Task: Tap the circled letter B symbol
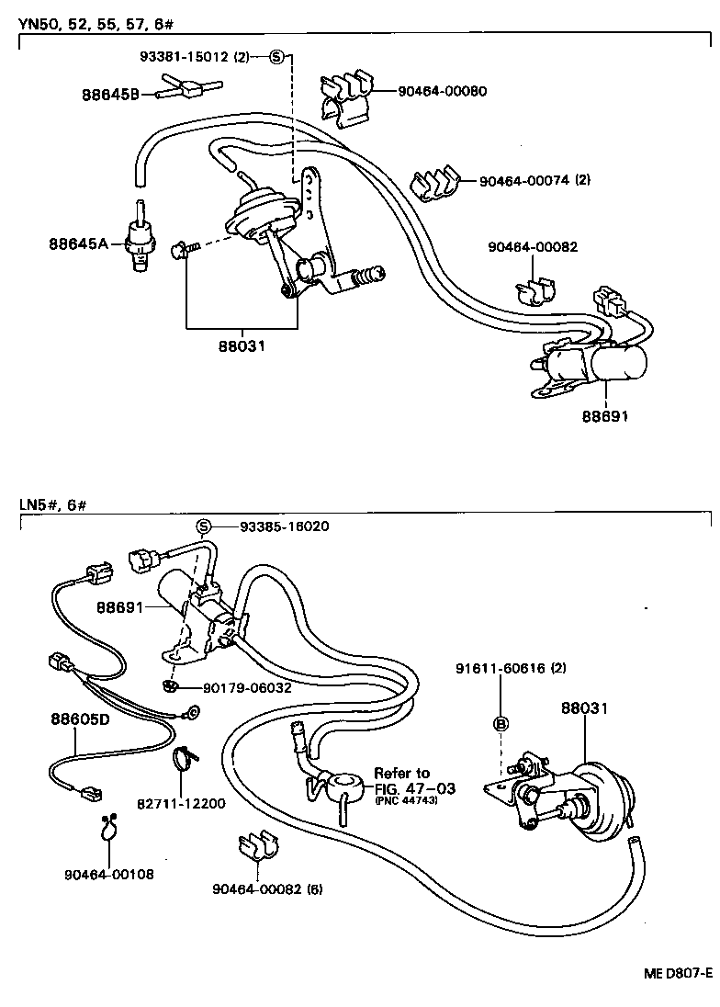pyautogui.click(x=501, y=723)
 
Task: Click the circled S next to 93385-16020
pyautogui.click(x=204, y=526)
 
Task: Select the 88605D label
pyautogui.click(x=80, y=718)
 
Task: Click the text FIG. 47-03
pyautogui.click(x=413, y=788)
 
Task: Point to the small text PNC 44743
pyautogui.click(x=405, y=801)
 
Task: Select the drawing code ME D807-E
pyautogui.click(x=675, y=972)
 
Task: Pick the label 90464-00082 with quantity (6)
pyautogui.click(x=267, y=888)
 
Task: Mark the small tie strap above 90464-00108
pyautogui.click(x=108, y=828)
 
